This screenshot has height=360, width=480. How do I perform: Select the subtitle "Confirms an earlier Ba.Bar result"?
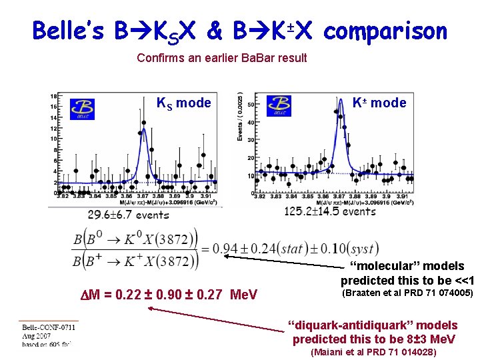pyautogui.click(x=221, y=58)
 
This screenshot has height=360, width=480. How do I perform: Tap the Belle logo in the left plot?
pyautogui.click(x=82, y=109)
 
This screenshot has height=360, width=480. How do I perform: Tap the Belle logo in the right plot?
pyautogui.click(x=278, y=105)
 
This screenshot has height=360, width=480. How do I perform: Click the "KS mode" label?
pyautogui.click(x=183, y=103)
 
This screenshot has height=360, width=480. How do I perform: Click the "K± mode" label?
pyautogui.click(x=379, y=103)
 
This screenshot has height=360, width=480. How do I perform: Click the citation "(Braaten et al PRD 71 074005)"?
pyautogui.click(x=407, y=293)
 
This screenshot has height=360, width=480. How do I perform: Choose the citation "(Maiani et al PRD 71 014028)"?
pyautogui.click(x=374, y=352)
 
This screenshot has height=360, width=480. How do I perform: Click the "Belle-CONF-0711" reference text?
pyautogui.click(x=47, y=327)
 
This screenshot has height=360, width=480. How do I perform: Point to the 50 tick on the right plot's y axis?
pyautogui.click(x=250, y=105)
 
